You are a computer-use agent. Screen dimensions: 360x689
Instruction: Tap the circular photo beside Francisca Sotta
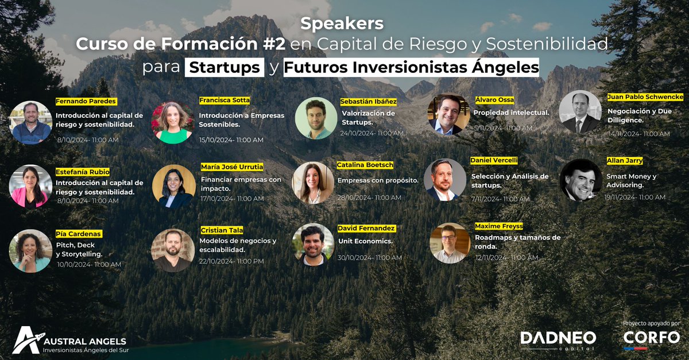[172, 123]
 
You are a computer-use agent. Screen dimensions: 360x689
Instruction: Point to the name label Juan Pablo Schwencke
[645, 97]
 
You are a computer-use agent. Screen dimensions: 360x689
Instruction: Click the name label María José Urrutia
[232, 167]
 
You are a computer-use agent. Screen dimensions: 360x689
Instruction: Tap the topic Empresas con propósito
[378, 180]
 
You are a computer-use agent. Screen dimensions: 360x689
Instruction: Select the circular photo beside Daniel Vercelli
[445, 180]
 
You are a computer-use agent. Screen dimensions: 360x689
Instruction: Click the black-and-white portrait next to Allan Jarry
[580, 180]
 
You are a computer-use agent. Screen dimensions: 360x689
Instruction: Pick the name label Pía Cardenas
[78, 234]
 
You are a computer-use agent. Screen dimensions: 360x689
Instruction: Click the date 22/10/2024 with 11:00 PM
[231, 261]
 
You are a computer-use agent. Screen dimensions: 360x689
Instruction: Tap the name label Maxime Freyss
[499, 226]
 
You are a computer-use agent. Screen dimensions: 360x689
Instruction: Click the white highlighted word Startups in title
[224, 67]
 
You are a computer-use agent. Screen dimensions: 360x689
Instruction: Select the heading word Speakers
[342, 25]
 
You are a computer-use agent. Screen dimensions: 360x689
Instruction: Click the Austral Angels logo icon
[26, 339]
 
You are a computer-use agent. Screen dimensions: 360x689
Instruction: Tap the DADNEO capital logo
[558, 339]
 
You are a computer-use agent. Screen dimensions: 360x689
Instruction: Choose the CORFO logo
[651, 338]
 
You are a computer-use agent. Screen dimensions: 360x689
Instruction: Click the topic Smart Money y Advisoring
[631, 181]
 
